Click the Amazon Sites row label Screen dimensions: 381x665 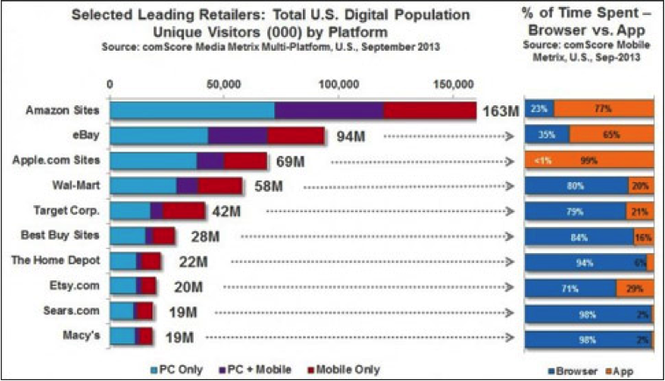coord(61,110)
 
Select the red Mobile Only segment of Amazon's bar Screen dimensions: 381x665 coord(429,110)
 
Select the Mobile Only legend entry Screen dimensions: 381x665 coord(347,370)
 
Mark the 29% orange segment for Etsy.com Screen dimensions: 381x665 coord(633,287)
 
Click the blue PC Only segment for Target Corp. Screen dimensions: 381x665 coord(131,211)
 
